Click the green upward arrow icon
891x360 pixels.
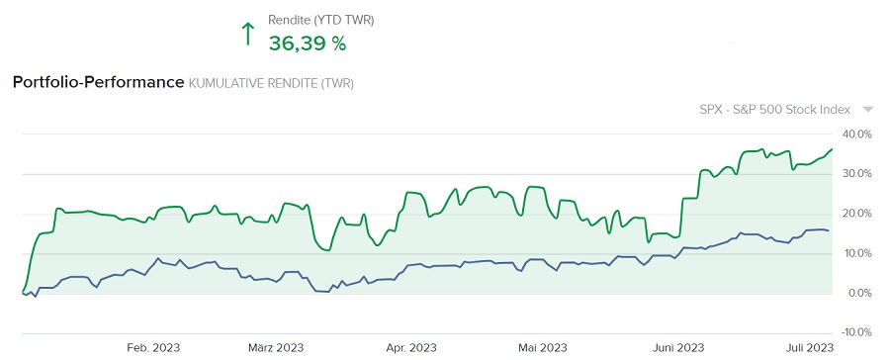(x=248, y=34)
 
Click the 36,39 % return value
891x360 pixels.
(x=308, y=43)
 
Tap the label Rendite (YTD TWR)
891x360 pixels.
(x=321, y=20)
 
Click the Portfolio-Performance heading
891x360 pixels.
(x=98, y=82)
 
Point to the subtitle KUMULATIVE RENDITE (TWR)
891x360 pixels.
(x=271, y=83)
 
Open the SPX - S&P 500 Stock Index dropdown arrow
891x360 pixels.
(x=867, y=110)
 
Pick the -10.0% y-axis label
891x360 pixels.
(x=856, y=333)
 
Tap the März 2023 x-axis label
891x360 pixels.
(x=276, y=347)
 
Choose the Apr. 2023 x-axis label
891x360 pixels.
(x=410, y=347)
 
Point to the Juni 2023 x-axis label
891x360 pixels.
(x=677, y=347)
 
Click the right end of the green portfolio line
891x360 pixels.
(x=832, y=149)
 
